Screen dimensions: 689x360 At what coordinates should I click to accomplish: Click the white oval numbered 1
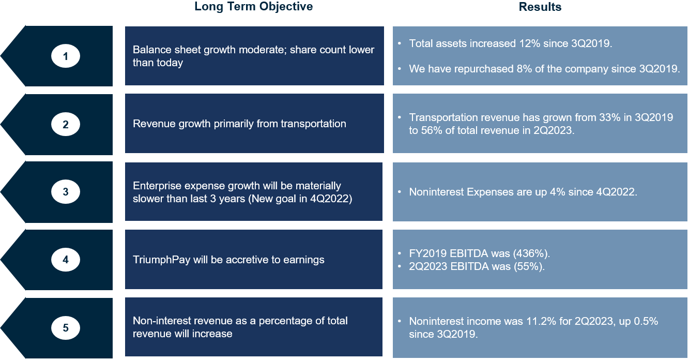pos(66,56)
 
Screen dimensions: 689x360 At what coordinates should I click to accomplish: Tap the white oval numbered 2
pos(66,124)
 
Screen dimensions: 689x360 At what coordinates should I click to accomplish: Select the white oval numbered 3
pos(66,192)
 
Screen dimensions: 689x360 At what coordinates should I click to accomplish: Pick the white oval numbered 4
pos(66,260)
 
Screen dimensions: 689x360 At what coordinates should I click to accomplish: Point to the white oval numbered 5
pos(66,328)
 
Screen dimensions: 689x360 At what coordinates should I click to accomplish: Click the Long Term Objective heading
pos(253,7)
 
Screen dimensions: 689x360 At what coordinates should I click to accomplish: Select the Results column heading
pos(540,7)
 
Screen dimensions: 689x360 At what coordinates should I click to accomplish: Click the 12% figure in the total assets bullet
pos(530,43)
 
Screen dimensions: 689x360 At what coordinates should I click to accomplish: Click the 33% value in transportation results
pos(609,117)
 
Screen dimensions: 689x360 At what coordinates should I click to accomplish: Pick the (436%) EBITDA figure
pos(531,253)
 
